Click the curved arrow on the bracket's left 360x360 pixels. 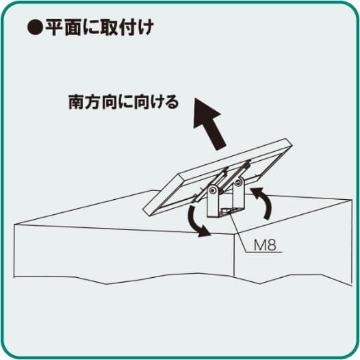tap(196, 225)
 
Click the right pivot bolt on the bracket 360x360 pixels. tap(237, 183)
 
